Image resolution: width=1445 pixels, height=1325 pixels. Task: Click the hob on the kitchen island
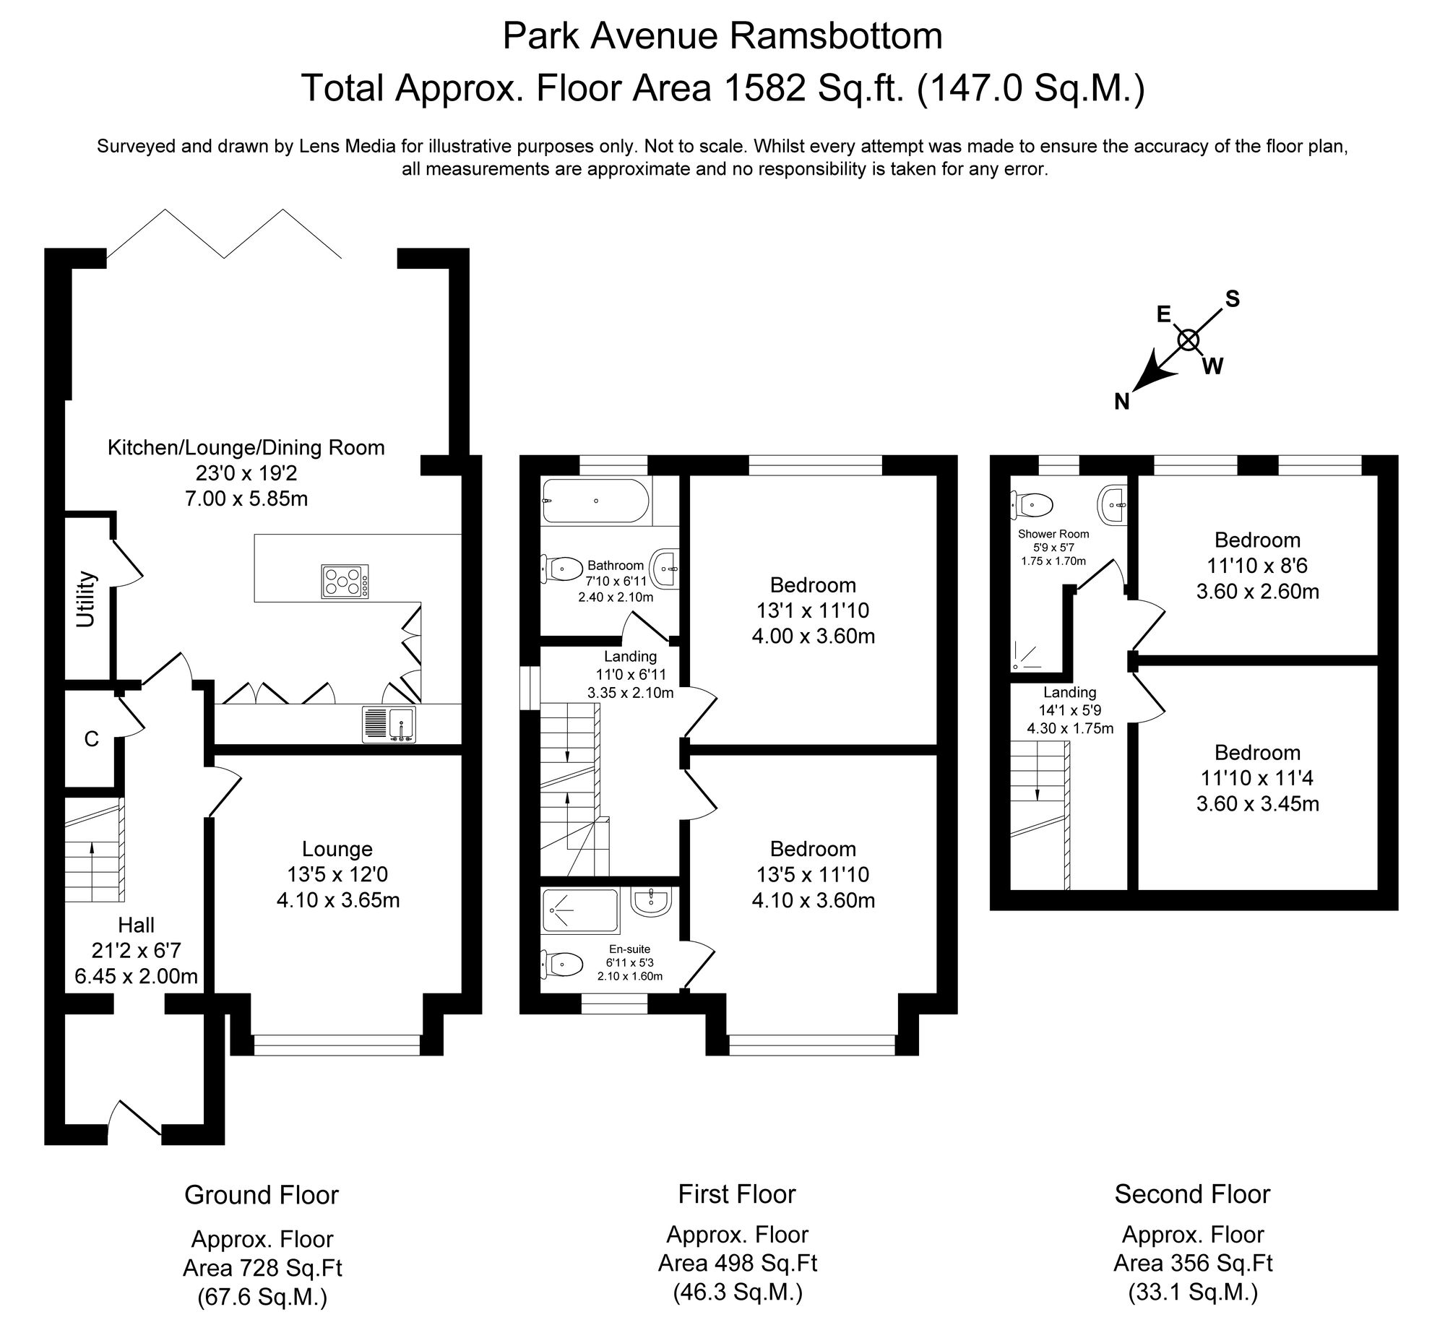pos(345,581)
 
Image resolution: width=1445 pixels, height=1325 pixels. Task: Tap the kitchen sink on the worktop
pos(389,724)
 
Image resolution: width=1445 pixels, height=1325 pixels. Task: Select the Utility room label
pos(86,599)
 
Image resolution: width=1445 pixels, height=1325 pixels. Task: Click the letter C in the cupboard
pos(91,739)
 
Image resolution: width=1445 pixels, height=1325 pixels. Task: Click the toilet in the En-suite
pos(564,963)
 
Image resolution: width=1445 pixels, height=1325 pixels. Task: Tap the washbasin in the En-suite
pos(652,902)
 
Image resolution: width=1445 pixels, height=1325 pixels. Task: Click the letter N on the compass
pos(1121,402)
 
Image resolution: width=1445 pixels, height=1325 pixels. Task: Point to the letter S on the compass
pos(1233,299)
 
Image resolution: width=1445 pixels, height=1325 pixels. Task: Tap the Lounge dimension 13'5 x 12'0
pos(337,874)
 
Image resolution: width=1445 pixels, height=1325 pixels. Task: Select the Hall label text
pos(137,925)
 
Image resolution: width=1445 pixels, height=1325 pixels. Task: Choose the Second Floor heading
pos(1192,1194)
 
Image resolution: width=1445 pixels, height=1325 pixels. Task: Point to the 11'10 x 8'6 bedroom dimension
pos(1257,566)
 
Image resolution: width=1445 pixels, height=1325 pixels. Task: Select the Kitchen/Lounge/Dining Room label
pos(246,447)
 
